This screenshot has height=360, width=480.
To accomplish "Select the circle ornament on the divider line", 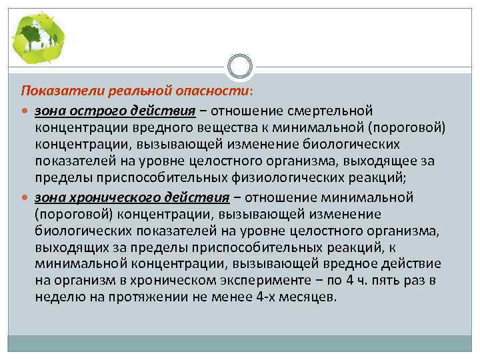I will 240,67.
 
